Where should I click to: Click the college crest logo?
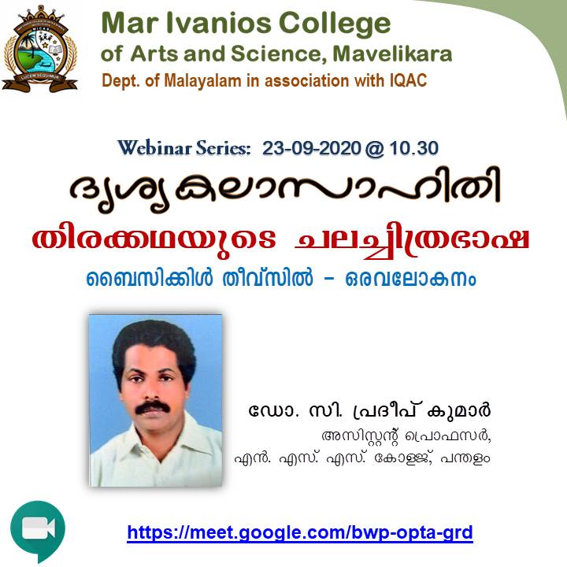click(x=39, y=49)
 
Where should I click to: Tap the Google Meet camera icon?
click(x=38, y=531)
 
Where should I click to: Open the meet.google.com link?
click(x=300, y=533)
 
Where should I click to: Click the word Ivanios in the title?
click(x=218, y=23)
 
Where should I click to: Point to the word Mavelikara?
click(x=392, y=54)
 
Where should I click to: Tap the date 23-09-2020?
click(x=311, y=148)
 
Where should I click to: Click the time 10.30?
click(x=414, y=148)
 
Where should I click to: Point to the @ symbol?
click(x=375, y=149)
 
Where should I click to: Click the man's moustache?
click(x=153, y=407)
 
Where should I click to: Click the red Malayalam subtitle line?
click(x=280, y=240)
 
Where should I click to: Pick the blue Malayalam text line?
click(x=281, y=279)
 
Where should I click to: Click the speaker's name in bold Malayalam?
click(x=369, y=410)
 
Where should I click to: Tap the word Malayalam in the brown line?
click(x=203, y=80)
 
